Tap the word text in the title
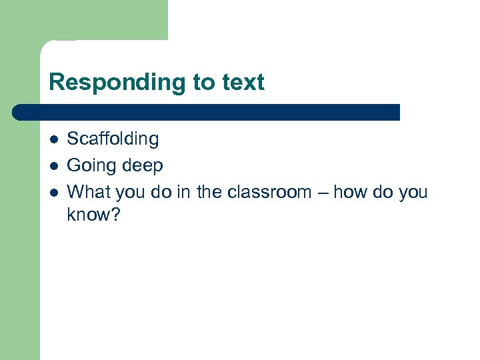click(241, 83)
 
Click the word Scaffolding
click(113, 139)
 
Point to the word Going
click(90, 165)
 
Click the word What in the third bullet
click(89, 192)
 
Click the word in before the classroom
click(183, 192)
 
